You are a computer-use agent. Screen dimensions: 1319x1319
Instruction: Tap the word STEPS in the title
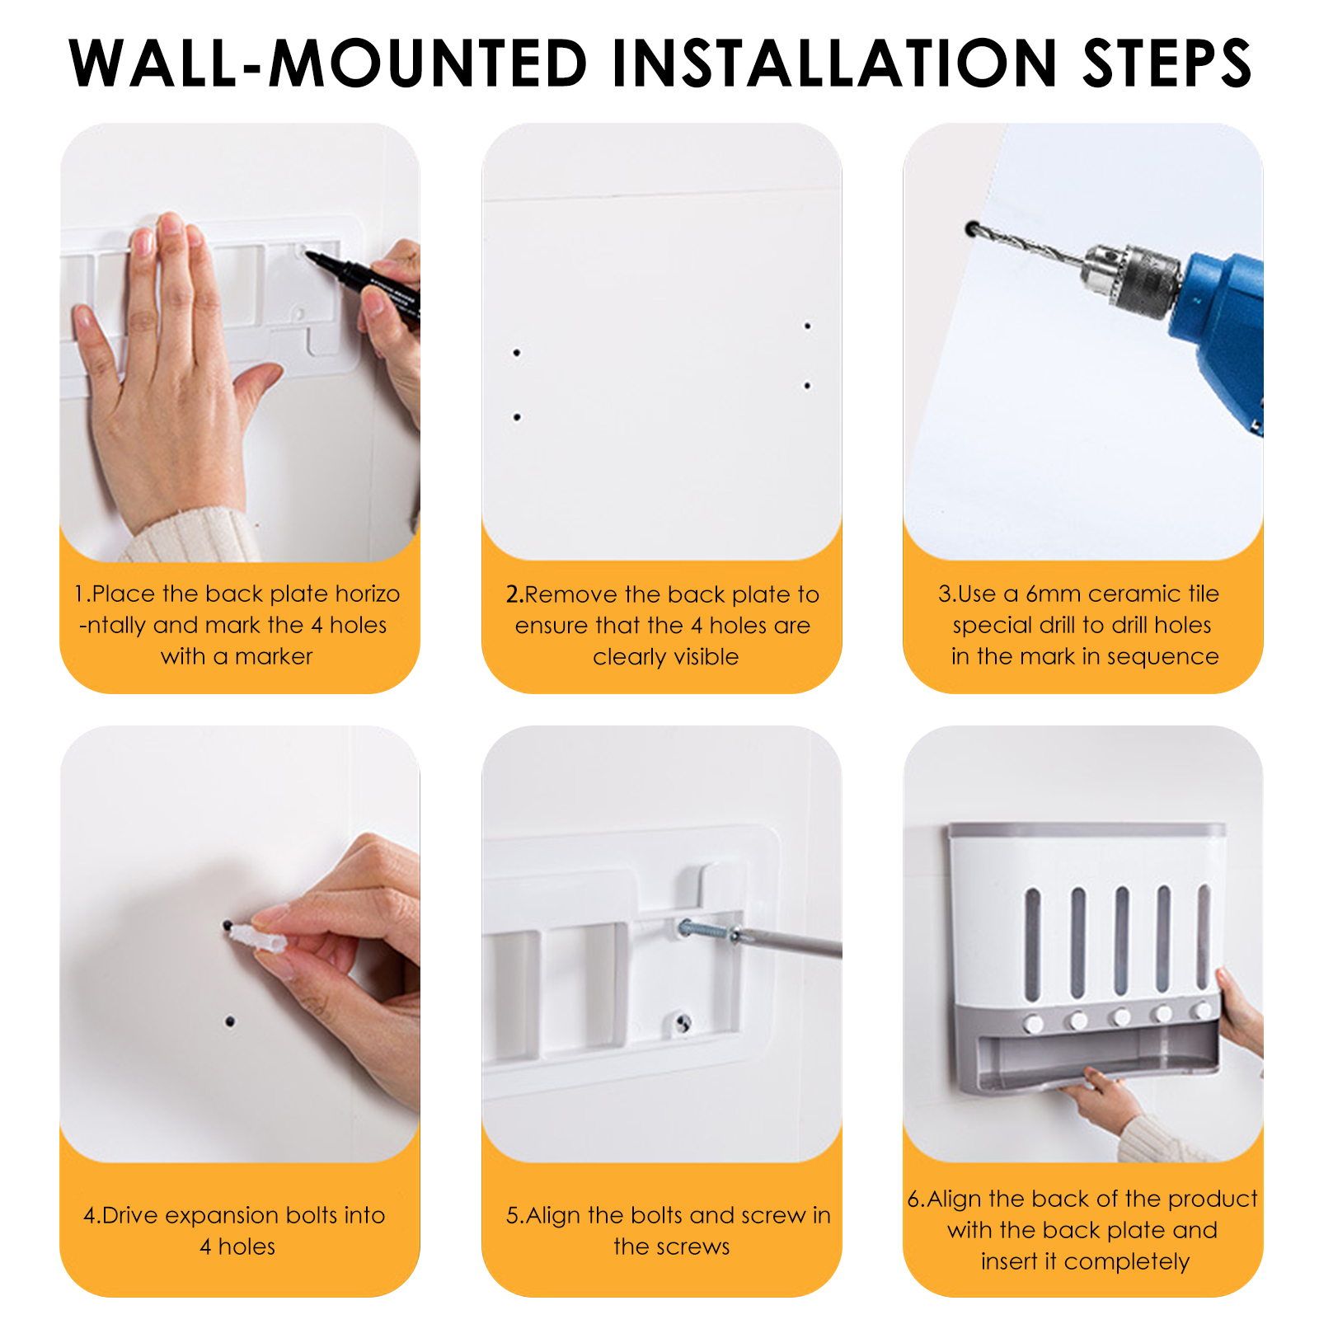[1167, 63]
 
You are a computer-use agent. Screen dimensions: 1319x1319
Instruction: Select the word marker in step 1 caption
[274, 657]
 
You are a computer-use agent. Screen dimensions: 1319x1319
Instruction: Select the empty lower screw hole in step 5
[683, 1024]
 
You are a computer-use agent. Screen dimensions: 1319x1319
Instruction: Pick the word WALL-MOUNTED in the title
[328, 63]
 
